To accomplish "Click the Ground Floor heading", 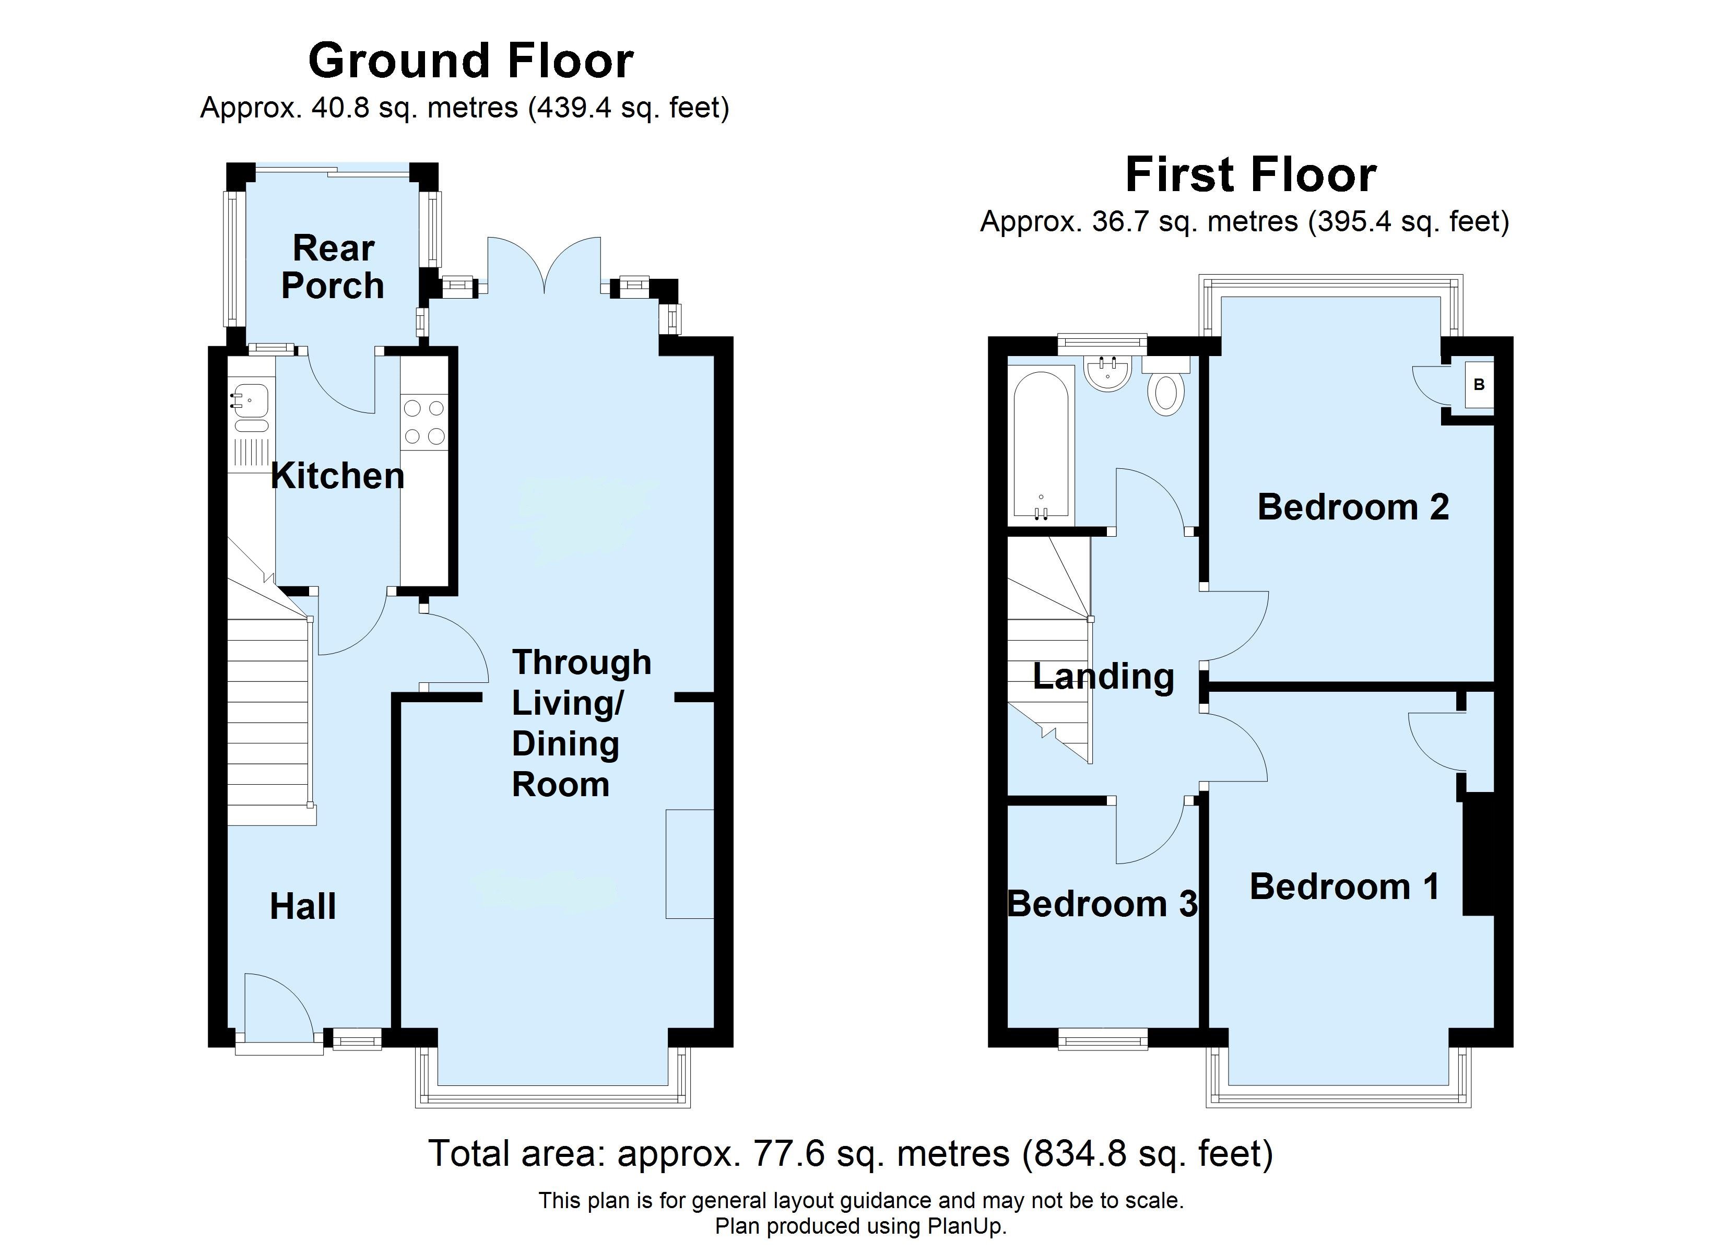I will click(470, 61).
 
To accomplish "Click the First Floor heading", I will click(1250, 175).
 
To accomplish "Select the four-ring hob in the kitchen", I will click(424, 422).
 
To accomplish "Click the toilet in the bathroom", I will click(1165, 392).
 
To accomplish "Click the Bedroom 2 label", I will click(1352, 507).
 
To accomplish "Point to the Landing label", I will click(1103, 676).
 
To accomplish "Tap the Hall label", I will click(302, 906).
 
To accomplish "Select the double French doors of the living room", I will click(544, 266).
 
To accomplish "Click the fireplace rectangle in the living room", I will click(689, 865).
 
